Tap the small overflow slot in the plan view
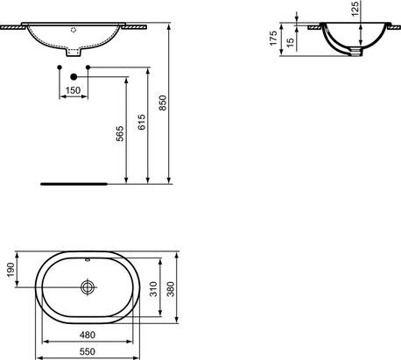(x=88, y=260)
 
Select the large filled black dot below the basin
(x=73, y=77)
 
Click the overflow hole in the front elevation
(x=74, y=28)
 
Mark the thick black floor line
(x=74, y=185)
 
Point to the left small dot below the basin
(x=59, y=67)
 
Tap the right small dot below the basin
(x=88, y=67)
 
